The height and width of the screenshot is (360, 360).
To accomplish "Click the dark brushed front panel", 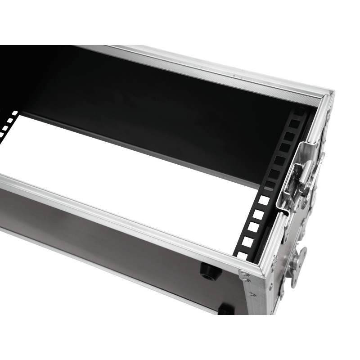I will tap(112, 243).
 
